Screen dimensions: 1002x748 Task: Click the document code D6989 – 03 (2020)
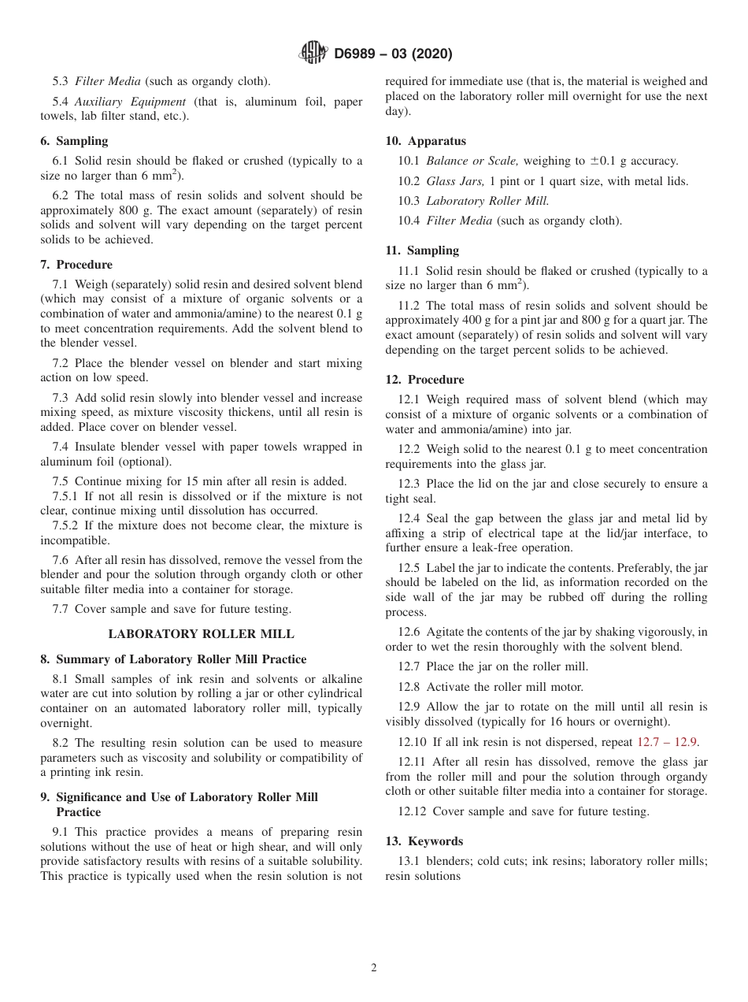(393, 54)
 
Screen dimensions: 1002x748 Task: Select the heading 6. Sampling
(74, 141)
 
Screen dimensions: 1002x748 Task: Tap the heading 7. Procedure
(76, 265)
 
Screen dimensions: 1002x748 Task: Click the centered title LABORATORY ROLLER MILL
(201, 633)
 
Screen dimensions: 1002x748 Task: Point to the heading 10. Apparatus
(425, 141)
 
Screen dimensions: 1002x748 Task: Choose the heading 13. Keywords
(424, 841)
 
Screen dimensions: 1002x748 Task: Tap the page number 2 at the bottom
(374, 968)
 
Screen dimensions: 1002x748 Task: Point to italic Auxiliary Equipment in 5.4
(130, 102)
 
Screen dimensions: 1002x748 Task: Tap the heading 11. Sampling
(422, 250)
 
